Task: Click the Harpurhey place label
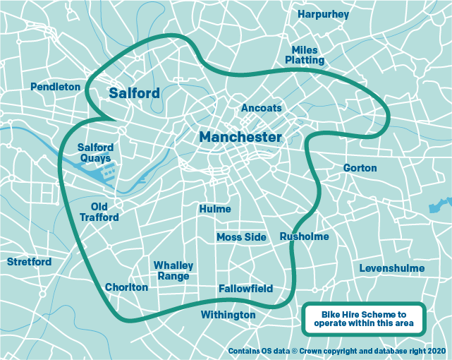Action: click(x=324, y=14)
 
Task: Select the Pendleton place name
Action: click(x=56, y=87)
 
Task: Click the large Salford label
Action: click(x=134, y=92)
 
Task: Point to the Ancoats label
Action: click(x=261, y=108)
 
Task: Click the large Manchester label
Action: click(x=240, y=137)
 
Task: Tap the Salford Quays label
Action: click(x=95, y=153)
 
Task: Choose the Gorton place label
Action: click(x=360, y=168)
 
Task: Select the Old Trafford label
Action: click(x=99, y=212)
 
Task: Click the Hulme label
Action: click(x=215, y=209)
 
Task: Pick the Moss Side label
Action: click(x=241, y=237)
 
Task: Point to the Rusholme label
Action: click(x=304, y=236)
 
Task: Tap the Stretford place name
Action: click(x=29, y=262)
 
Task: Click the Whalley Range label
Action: click(x=173, y=270)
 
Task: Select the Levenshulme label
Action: click(x=392, y=268)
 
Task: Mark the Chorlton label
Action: click(x=126, y=287)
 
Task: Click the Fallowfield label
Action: click(x=245, y=289)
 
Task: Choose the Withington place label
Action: click(x=228, y=314)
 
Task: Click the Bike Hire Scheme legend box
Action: click(x=364, y=319)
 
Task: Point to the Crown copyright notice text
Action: click(x=337, y=350)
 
